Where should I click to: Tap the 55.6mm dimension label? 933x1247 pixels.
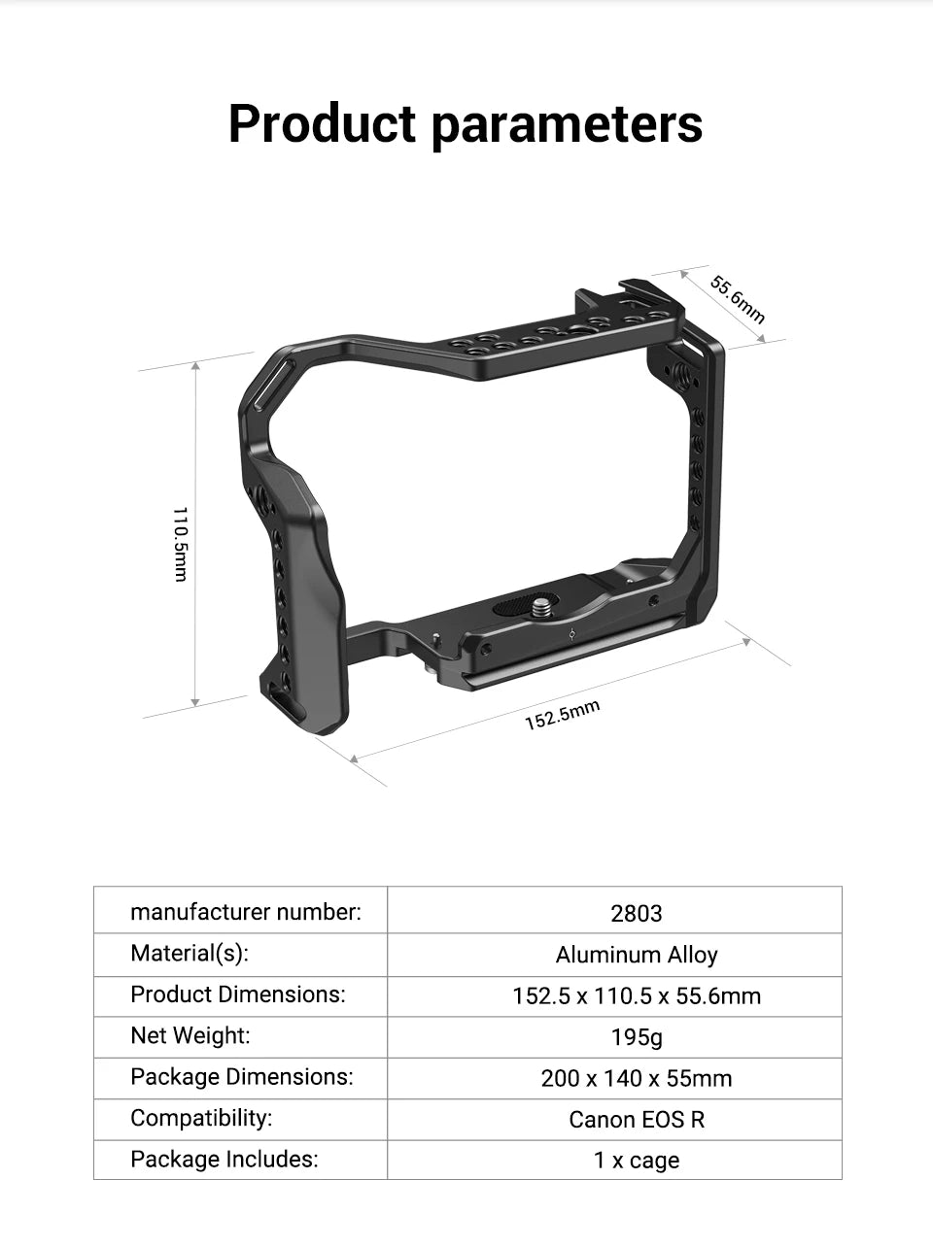738,299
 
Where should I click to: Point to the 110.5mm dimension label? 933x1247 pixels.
180,544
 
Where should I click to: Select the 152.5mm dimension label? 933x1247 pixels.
562,715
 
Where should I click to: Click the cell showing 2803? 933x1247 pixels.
637,913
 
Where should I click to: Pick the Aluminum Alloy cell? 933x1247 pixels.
637,955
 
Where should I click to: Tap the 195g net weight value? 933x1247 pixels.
637,1037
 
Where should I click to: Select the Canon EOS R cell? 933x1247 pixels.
637,1120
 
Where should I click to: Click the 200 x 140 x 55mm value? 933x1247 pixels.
637,1078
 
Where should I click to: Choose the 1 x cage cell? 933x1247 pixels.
637,1161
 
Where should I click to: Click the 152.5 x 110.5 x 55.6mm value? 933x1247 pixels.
637,995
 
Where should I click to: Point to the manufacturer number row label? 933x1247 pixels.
245,912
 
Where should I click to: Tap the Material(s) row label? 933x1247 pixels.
190,954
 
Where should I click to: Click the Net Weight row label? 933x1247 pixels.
190,1035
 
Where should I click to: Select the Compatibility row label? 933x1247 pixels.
201,1118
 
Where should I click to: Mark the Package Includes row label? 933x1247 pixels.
224,1159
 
